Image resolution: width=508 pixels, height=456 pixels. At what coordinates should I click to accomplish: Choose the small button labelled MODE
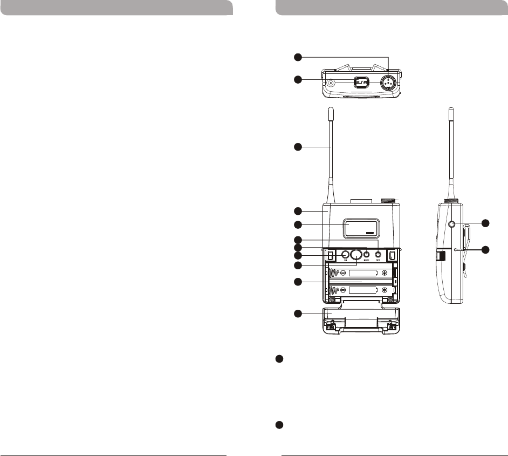(367, 254)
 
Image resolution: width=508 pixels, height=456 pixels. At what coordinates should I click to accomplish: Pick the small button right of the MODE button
(379, 254)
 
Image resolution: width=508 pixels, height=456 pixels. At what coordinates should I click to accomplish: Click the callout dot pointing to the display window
(297, 224)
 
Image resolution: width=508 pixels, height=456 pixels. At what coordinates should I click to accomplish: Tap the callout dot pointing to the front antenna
(297, 146)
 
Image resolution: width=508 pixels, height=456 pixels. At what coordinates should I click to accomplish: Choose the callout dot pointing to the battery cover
(297, 314)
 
